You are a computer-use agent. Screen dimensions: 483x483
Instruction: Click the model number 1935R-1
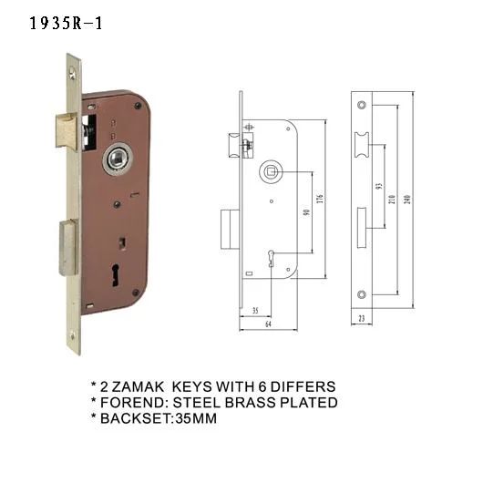tap(66, 23)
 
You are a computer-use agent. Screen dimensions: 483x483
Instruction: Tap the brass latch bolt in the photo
tap(67, 131)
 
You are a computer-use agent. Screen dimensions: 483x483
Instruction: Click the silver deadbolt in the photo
tap(68, 248)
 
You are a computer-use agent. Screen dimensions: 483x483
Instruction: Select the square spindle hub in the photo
tap(118, 159)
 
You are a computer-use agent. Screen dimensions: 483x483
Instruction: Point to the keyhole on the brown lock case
tap(116, 275)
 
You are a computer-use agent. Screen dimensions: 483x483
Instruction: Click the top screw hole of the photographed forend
tap(72, 73)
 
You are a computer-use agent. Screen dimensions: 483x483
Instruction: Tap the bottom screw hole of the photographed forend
tap(73, 336)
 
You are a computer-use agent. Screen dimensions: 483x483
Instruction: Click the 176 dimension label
tap(320, 199)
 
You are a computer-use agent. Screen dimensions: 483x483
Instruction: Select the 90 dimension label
tap(306, 212)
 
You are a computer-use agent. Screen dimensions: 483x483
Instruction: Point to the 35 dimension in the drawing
tap(255, 311)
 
